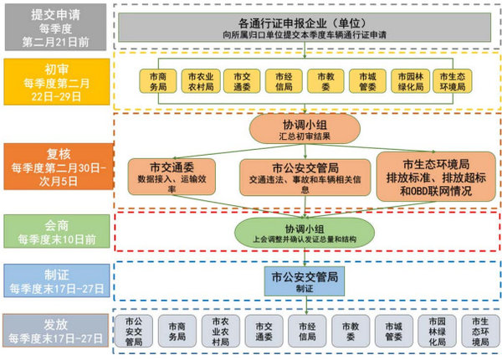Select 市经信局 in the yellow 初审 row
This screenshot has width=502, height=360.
[279, 80]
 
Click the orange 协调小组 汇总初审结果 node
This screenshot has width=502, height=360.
[304, 130]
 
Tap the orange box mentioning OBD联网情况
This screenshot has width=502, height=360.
[435, 176]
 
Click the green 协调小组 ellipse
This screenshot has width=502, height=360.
[303, 232]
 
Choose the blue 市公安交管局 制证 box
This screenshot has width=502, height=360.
[303, 280]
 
